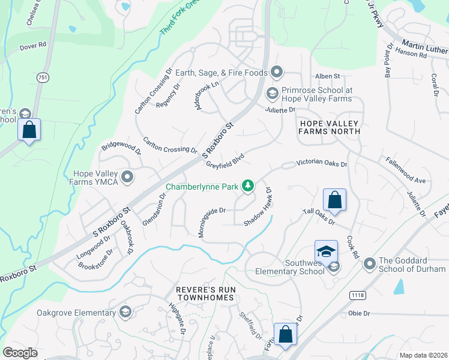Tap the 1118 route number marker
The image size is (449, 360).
pyautogui.click(x=357, y=295)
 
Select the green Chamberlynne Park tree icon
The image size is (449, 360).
pyautogui.click(x=247, y=187)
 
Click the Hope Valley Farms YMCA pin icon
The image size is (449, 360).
pyautogui.click(x=127, y=177)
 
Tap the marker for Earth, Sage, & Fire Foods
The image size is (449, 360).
pyautogui.click(x=276, y=73)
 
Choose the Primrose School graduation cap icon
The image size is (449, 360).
pyautogui.click(x=271, y=93)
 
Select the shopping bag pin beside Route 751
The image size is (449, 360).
pyautogui.click(x=29, y=130)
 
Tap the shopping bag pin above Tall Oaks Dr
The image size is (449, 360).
pyautogui.click(x=334, y=200)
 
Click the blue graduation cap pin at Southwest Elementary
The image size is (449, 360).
pyautogui.click(x=325, y=252)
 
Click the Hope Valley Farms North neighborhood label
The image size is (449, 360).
pyautogui.click(x=330, y=127)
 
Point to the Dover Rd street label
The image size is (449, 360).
pyautogui.click(x=34, y=45)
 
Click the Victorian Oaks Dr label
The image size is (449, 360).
pyautogui.click(x=321, y=163)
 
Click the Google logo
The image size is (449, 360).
pyautogui.click(x=20, y=353)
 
